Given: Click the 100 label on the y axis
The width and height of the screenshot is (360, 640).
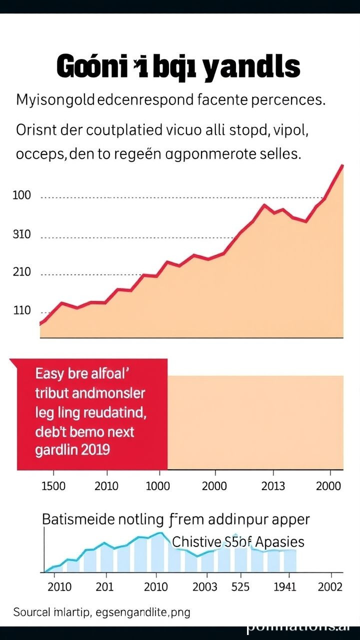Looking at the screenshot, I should pyautogui.click(x=21, y=196).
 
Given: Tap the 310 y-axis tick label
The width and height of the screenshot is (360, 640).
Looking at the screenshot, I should pyautogui.click(x=21, y=234).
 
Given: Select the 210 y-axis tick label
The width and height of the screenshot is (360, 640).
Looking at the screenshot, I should pyautogui.click(x=21, y=272).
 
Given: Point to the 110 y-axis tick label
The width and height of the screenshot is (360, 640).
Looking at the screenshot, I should pyautogui.click(x=21, y=310).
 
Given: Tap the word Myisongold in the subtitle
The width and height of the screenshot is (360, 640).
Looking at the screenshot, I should pyautogui.click(x=55, y=99).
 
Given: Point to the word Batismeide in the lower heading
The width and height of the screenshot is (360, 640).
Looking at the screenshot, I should pyautogui.click(x=75, y=519).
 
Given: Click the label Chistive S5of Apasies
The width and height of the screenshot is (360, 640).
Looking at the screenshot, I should pyautogui.click(x=238, y=541).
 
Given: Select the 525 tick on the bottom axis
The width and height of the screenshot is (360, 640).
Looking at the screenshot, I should pyautogui.click(x=240, y=586).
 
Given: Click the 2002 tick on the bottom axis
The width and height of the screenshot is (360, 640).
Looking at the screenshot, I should pyautogui.click(x=330, y=586).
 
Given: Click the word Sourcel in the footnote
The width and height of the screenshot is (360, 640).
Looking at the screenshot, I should pyautogui.click(x=31, y=612).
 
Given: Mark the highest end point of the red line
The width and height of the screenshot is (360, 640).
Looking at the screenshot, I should pyautogui.click(x=342, y=165).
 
